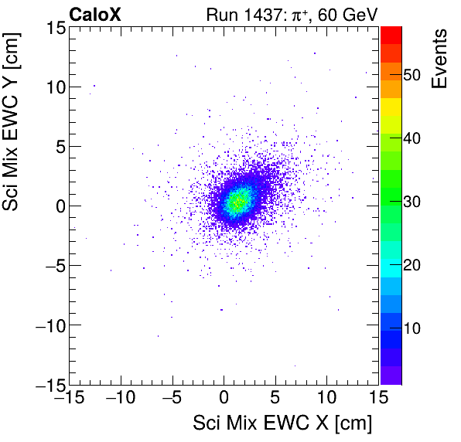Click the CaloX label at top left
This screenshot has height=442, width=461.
click(95, 14)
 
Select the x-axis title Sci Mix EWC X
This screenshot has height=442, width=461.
click(282, 423)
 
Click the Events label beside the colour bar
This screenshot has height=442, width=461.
click(439, 59)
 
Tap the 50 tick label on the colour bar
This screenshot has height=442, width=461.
click(414, 75)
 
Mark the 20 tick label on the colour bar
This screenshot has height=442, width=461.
click(414, 265)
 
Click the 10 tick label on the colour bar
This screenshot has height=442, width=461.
click(414, 328)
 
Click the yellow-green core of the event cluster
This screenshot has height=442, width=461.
click(237, 202)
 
